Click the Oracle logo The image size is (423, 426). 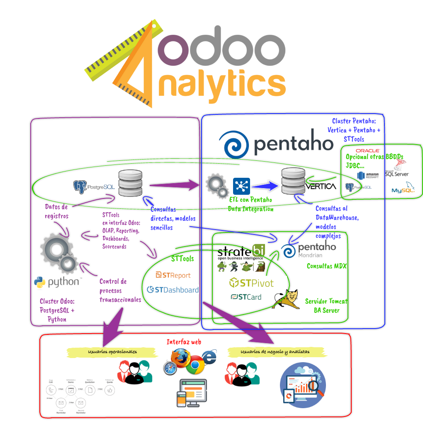(x=368, y=150)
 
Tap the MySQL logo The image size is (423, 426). (x=403, y=188)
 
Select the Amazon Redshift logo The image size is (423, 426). (x=368, y=176)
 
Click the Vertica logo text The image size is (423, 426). (x=321, y=186)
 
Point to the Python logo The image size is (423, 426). (x=58, y=283)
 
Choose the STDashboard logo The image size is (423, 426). (x=173, y=290)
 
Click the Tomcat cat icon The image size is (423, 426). (x=287, y=299)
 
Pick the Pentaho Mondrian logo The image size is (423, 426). (x=311, y=250)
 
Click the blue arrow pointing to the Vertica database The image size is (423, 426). (x=265, y=186)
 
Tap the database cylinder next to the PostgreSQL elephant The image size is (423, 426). (x=130, y=183)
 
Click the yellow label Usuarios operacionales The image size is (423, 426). (x=112, y=352)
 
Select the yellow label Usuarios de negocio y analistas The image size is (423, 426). (x=275, y=352)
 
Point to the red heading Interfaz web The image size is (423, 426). (x=184, y=342)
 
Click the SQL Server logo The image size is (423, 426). (x=397, y=167)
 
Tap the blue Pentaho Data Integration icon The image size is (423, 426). (x=241, y=186)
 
